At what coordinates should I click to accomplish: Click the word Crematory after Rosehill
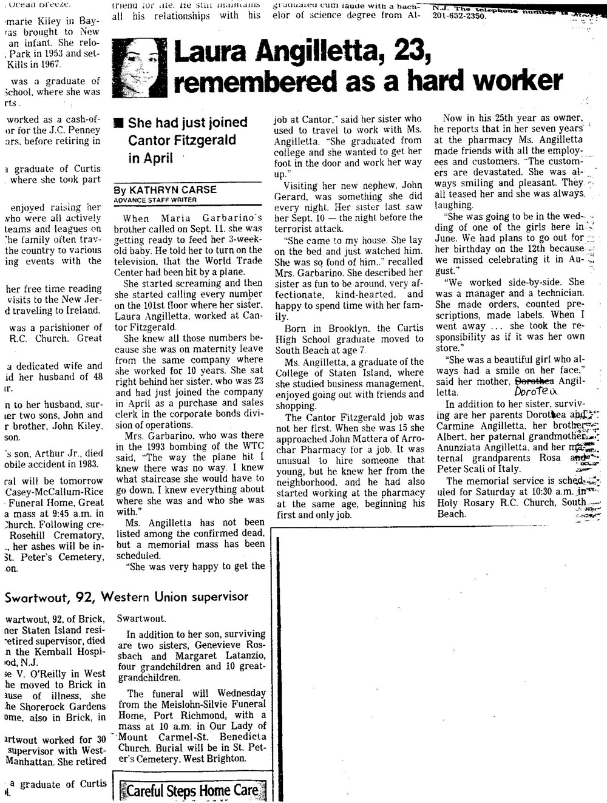[x=76, y=535]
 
